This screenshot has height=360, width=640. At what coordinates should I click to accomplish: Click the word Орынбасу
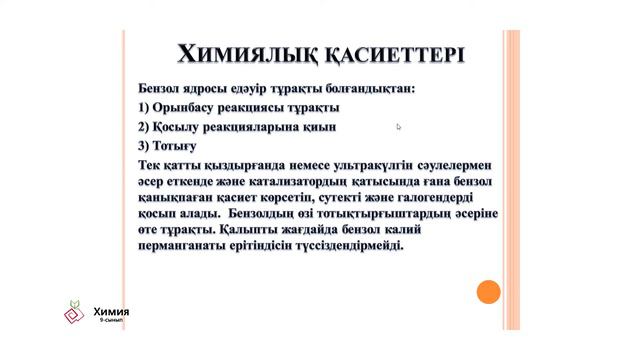click(194, 107)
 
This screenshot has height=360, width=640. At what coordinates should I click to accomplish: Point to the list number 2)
click(147, 127)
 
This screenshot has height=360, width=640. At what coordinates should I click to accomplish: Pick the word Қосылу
click(185, 127)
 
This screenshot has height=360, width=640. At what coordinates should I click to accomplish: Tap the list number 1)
click(147, 107)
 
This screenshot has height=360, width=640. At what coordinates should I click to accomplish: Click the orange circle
click(488, 292)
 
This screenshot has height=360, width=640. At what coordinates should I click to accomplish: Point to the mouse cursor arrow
click(398, 127)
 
